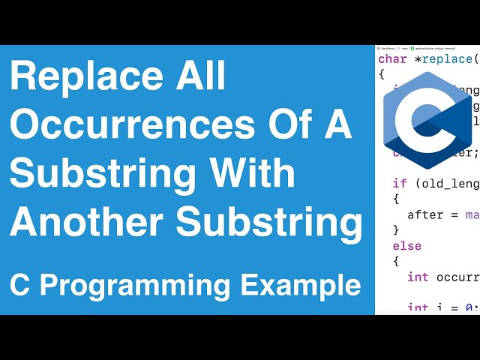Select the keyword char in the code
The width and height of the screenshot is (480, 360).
[392, 59]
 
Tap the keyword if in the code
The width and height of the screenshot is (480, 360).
[399, 183]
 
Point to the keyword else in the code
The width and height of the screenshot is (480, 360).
[406, 246]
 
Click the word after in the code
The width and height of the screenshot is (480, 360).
[424, 214]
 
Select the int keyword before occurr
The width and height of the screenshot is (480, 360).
[418, 277]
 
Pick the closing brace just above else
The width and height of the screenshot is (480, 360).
[396, 230]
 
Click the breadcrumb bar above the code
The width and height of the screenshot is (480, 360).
[427, 48]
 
